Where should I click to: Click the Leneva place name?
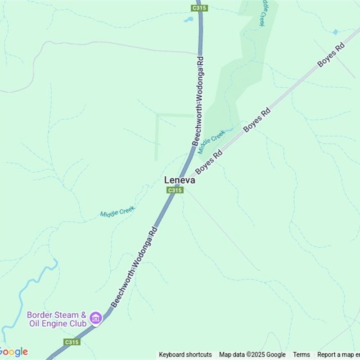click(180, 180)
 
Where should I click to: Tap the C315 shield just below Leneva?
click(175, 190)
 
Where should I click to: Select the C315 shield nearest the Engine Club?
click(72, 342)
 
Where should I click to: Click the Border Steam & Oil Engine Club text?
click(57, 319)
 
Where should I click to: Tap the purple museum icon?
click(95, 318)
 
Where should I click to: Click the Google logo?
click(13, 352)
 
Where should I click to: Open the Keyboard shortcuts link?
click(185, 355)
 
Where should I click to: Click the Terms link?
click(301, 355)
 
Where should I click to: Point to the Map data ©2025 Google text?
click(252, 355)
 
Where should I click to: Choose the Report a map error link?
click(338, 355)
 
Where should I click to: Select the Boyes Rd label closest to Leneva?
click(209, 163)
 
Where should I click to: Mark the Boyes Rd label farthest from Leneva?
click(331, 55)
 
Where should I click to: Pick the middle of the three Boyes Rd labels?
click(256, 120)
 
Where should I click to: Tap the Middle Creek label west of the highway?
click(117, 211)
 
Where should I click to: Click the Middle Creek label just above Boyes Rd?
click(211, 141)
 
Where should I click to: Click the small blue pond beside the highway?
click(188, 20)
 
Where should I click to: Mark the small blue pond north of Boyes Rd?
click(335, 32)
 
